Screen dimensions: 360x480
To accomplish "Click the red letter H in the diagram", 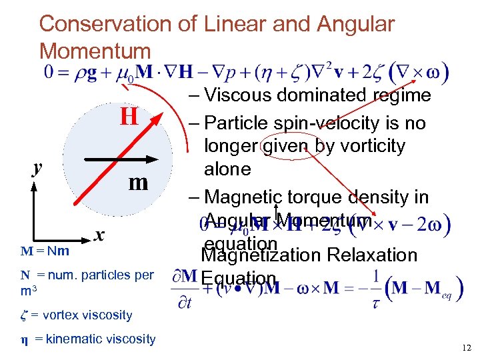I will pos(129,117).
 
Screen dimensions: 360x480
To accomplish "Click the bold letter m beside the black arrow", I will pos(137,182).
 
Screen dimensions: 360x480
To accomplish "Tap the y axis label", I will pos(39,168).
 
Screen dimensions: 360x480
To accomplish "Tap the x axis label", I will pos(99,235).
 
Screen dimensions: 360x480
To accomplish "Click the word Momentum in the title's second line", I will pos(95,51).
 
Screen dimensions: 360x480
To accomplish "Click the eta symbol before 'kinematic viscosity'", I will pos(24,339).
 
